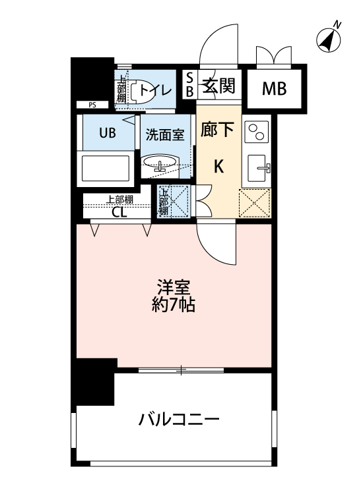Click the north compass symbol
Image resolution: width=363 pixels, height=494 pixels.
pyautogui.click(x=329, y=40)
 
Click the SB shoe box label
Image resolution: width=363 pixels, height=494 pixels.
pyautogui.click(x=189, y=86)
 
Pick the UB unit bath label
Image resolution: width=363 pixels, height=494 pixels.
pyautogui.click(x=108, y=132)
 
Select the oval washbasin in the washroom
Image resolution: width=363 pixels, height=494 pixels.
pyautogui.click(x=160, y=163)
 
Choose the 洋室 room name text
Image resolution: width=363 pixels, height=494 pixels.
pyautogui.click(x=174, y=288)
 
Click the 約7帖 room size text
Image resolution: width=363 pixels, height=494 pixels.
pyautogui.click(x=174, y=305)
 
